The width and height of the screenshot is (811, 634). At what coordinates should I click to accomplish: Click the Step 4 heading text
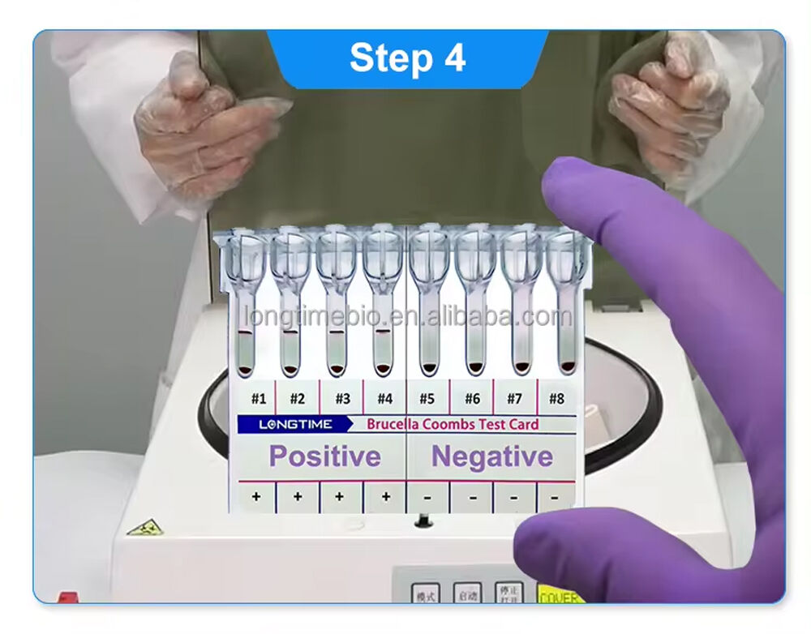[x=407, y=58]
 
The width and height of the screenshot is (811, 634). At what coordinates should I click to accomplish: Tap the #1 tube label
[x=258, y=398]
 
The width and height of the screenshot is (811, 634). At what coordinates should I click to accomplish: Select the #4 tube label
[x=384, y=398]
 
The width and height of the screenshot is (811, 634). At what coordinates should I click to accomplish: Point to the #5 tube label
[x=427, y=398]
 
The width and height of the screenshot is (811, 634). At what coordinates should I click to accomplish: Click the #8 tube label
[x=556, y=398]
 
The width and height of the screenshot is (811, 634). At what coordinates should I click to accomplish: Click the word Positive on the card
[x=324, y=456]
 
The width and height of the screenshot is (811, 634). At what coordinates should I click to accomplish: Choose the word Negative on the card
[x=491, y=456]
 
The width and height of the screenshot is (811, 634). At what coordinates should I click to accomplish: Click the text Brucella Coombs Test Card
[x=453, y=424]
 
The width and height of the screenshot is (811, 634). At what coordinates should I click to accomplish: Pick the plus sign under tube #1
[x=256, y=496]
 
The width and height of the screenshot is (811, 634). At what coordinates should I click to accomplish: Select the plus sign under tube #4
[x=385, y=496]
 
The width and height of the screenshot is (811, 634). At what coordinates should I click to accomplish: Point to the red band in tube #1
[x=246, y=332]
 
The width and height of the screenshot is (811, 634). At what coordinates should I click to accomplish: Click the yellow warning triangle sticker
[x=144, y=528]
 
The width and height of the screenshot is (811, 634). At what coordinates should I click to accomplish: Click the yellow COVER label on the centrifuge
[x=560, y=597]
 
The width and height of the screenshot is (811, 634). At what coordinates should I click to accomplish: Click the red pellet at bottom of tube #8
[x=565, y=366]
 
